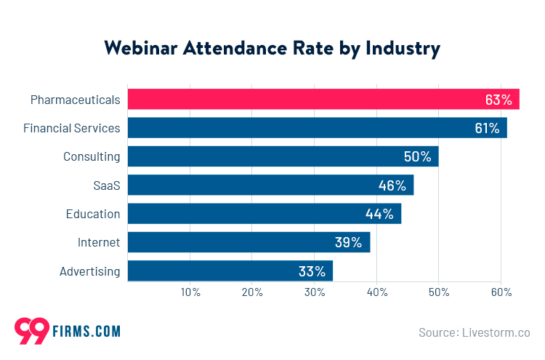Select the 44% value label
379,214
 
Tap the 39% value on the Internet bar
348,242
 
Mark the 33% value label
311,271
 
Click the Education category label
92,214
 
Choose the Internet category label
99,242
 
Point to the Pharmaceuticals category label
75,99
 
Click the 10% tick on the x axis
190,292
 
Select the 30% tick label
315,292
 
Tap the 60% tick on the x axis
501,292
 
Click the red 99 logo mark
31,331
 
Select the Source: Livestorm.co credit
474,332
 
